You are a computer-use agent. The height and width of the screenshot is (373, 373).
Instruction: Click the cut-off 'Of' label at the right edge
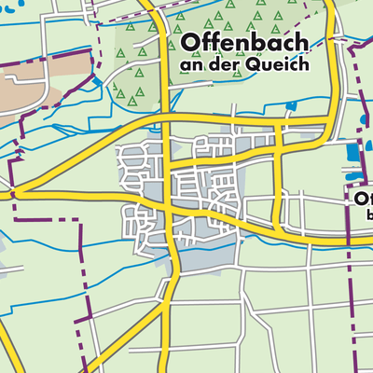tap(363, 200)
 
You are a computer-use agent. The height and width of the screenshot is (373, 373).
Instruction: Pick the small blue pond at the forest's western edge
tap(98, 81)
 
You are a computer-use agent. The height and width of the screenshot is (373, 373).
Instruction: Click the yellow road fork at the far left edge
tap(17, 192)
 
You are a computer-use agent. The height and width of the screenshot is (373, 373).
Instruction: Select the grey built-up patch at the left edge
tap(3, 270)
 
